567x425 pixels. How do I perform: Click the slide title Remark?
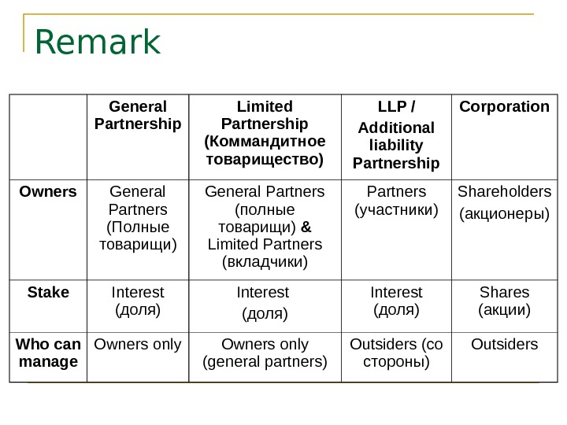[98, 43]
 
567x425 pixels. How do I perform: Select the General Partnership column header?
[138, 116]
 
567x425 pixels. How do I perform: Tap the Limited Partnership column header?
[265, 133]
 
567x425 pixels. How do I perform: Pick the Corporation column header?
[504, 107]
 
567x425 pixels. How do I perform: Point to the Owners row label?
[48, 191]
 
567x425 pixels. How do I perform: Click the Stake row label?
[48, 293]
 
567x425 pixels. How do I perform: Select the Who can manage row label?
[48, 353]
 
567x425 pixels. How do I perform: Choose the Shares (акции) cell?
[504, 301]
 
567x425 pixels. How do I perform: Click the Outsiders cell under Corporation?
[504, 345]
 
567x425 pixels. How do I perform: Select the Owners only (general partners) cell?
[265, 353]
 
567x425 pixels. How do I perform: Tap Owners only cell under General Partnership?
[138, 345]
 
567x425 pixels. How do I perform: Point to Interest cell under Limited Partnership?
[265, 302]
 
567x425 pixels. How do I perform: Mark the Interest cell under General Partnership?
[138, 301]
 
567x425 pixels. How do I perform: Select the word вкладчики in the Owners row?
[265, 261]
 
